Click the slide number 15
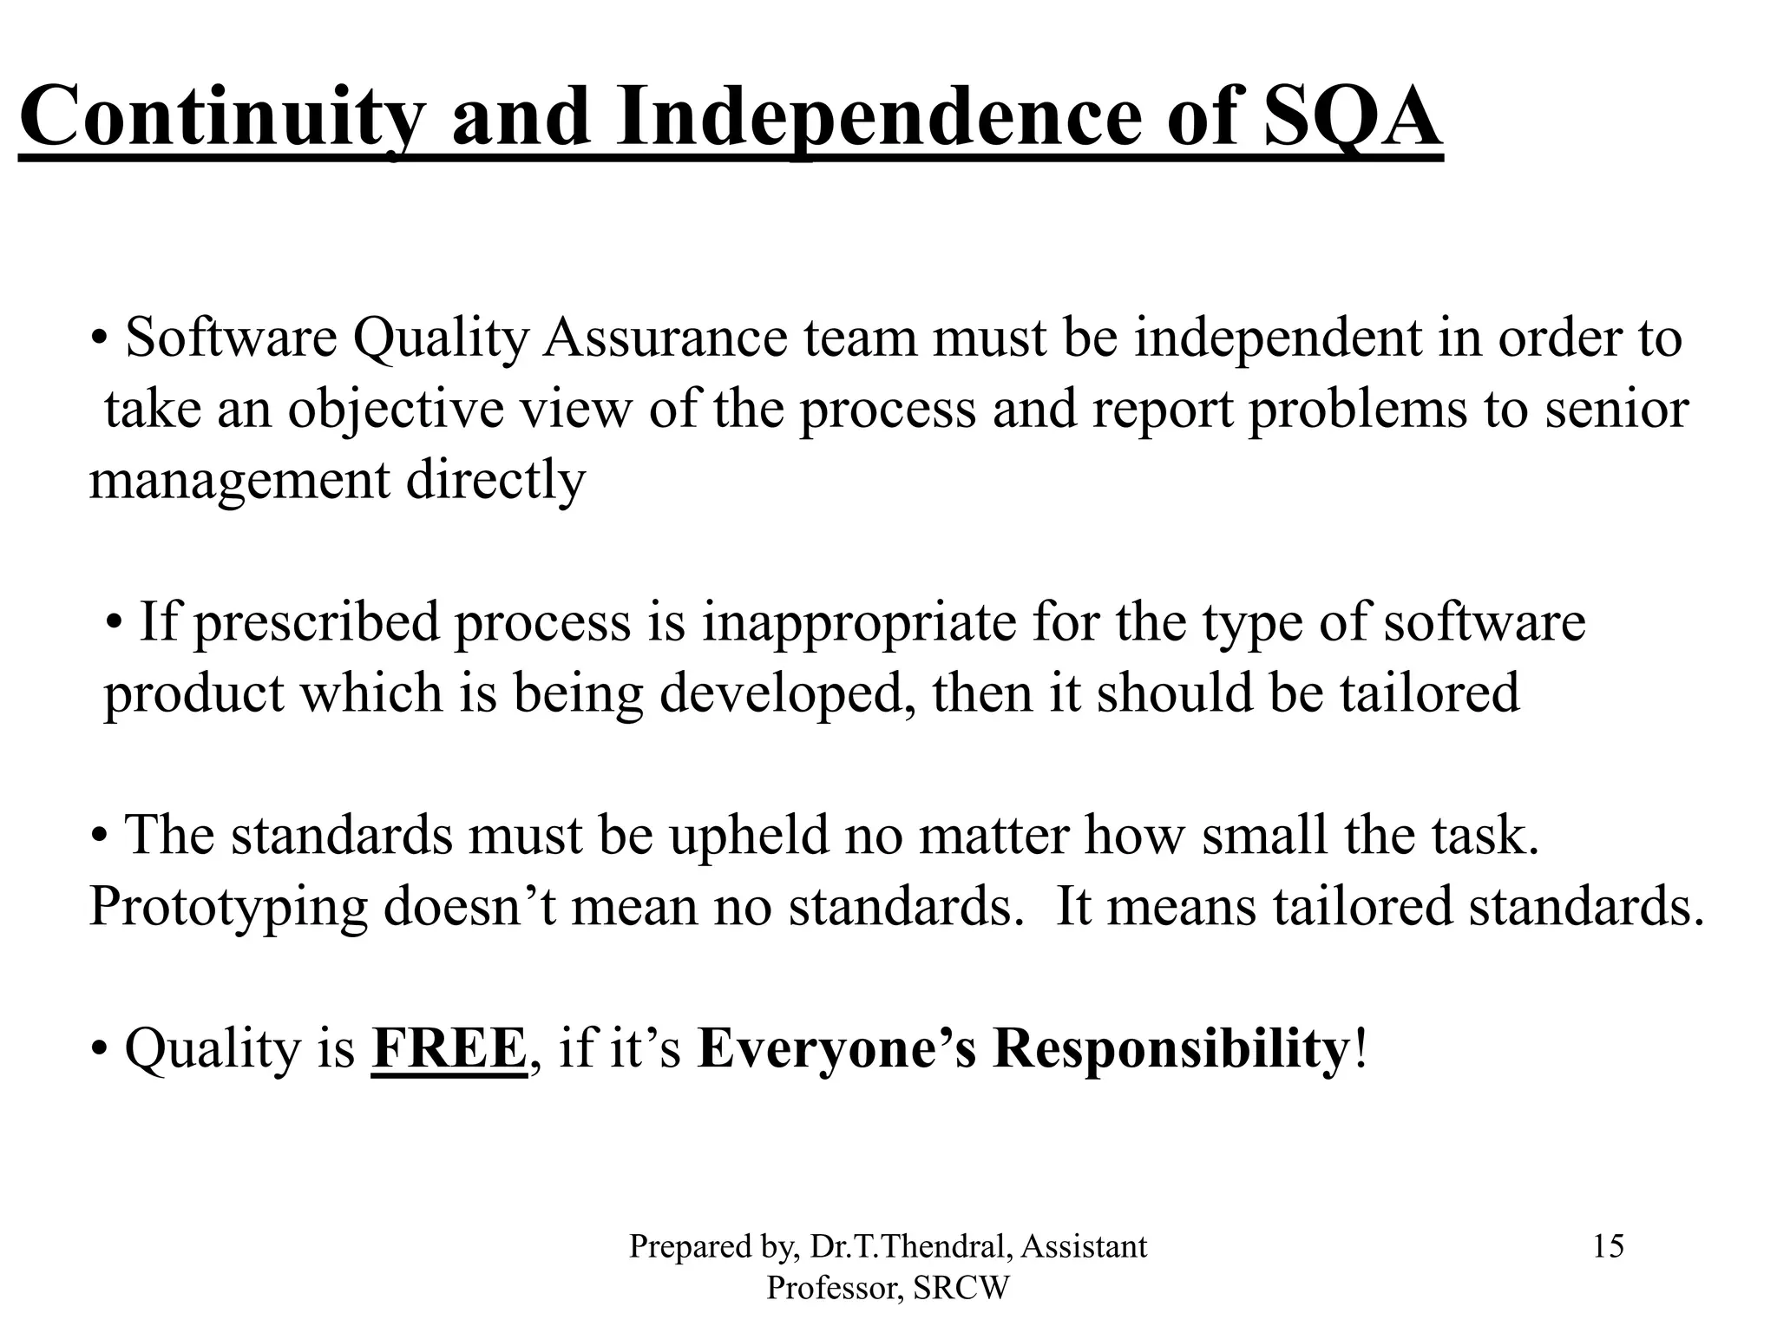point(1608,1247)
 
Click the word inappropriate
point(858,624)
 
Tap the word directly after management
point(495,481)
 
